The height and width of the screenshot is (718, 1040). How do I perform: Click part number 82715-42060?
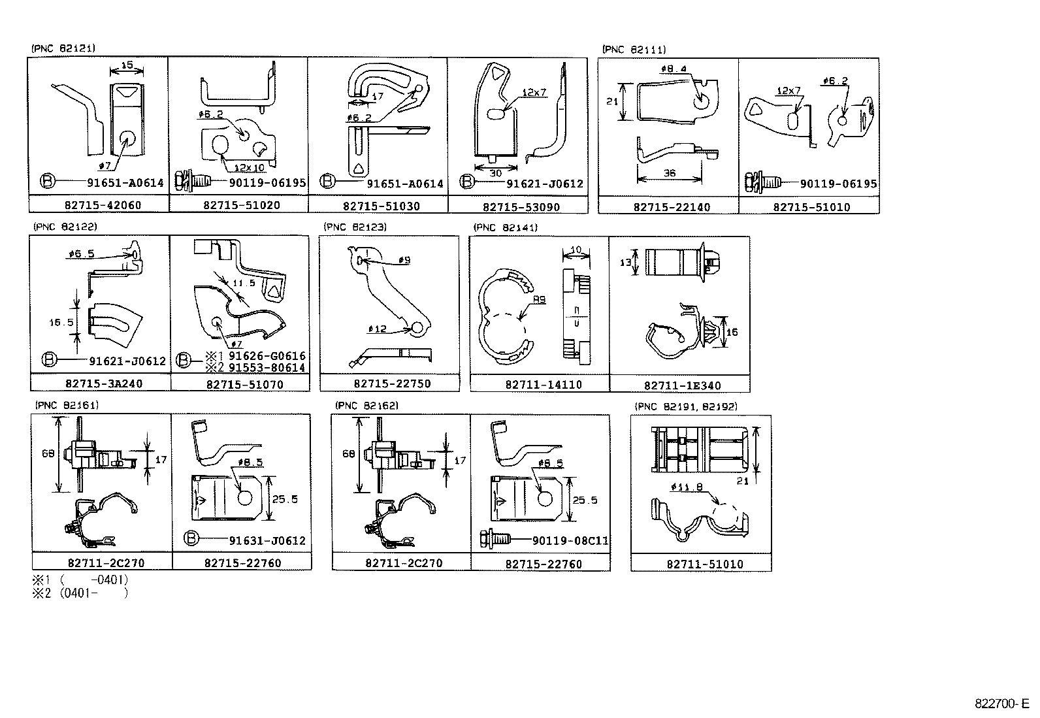coord(103,205)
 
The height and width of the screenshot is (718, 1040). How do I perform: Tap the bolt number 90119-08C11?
coord(570,540)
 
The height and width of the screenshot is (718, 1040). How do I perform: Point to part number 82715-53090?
coord(521,206)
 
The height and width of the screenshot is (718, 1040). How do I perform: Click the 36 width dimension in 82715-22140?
coord(669,173)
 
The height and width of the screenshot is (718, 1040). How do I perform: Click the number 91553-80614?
coord(267,368)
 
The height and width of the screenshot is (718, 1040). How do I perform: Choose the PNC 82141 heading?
coord(505,227)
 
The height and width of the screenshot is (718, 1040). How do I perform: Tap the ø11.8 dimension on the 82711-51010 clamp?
coord(686,487)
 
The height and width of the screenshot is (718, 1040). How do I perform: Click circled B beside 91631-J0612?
coord(191,539)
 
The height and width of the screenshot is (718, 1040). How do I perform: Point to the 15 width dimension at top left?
coord(127,65)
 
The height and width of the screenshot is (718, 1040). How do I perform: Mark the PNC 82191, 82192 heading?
coord(685,406)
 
